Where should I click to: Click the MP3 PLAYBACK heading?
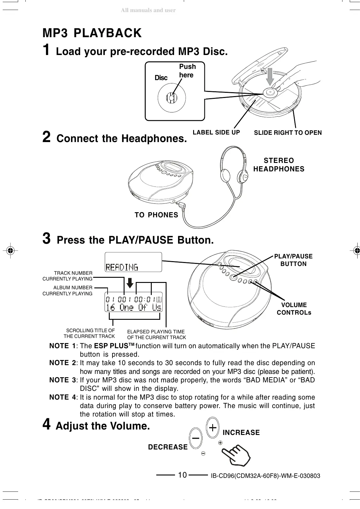click(x=92, y=33)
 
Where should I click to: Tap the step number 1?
click(x=46, y=50)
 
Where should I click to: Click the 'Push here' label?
click(x=187, y=71)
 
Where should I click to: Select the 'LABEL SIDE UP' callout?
click(x=216, y=132)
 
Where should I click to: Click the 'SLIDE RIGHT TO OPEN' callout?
click(x=288, y=133)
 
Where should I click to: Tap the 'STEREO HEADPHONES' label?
click(x=279, y=165)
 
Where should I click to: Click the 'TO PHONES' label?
click(x=156, y=215)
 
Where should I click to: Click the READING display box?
click(x=133, y=262)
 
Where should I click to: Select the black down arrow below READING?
click(x=130, y=283)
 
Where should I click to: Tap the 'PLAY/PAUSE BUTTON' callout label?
click(x=293, y=260)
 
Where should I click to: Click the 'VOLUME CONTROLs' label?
click(x=294, y=309)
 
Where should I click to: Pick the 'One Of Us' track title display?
click(x=134, y=307)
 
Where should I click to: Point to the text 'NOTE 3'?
click(x=63, y=380)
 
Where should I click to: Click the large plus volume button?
click(x=213, y=428)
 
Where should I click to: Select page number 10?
click(x=182, y=475)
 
